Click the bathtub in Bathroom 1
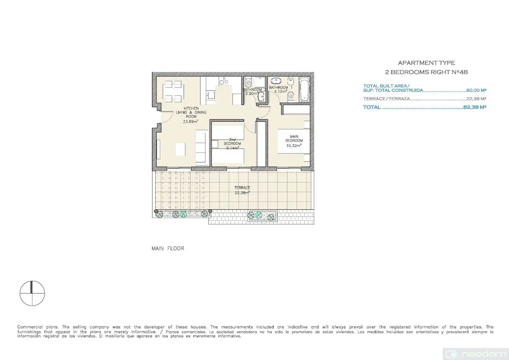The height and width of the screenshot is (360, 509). pyautogui.click(x=304, y=90)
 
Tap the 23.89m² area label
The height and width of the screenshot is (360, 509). pyautogui.click(x=191, y=121)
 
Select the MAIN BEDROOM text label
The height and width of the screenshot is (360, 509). pyautogui.click(x=294, y=138)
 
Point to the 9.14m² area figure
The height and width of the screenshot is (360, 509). pyautogui.click(x=233, y=148)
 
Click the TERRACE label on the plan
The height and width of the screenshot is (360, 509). pyautogui.click(x=242, y=188)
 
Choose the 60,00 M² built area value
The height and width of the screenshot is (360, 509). pyautogui.click(x=476, y=90)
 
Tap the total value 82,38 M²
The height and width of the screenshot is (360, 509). pyautogui.click(x=475, y=107)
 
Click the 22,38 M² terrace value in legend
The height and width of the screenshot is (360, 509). pyautogui.click(x=476, y=99)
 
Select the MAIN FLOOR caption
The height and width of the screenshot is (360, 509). pyautogui.click(x=168, y=248)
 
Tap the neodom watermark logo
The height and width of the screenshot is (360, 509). pyautogui.click(x=476, y=354)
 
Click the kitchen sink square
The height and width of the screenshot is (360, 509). pyautogui.click(x=211, y=95)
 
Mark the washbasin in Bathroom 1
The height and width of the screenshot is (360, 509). pyautogui.click(x=275, y=80)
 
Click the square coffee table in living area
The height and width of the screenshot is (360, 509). pyautogui.click(x=180, y=149)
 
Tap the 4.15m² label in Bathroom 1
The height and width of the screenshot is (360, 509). pyautogui.click(x=280, y=91)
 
